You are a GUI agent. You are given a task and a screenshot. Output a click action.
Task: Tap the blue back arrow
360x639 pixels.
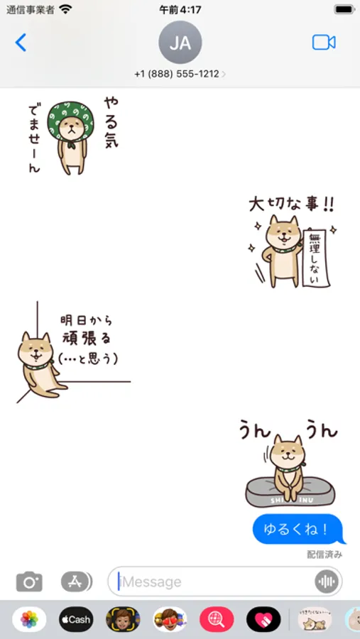click(21, 43)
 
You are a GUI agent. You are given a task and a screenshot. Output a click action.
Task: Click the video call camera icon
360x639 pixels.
click(324, 43)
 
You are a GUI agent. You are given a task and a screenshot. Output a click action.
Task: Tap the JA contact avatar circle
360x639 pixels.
click(180, 43)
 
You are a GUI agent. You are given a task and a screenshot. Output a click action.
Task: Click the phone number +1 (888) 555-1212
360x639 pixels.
click(177, 74)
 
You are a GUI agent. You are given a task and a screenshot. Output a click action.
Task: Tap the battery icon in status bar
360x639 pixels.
click(344, 9)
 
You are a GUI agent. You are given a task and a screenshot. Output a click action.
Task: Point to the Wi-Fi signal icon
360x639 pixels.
click(65, 9)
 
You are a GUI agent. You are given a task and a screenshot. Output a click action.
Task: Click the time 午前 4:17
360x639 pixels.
click(180, 9)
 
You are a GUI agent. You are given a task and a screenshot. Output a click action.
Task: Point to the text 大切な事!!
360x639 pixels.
click(292, 204)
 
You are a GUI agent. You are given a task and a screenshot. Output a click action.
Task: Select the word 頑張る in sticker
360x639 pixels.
click(87, 338)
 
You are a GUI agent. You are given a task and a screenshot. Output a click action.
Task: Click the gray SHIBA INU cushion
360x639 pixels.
click(290, 492)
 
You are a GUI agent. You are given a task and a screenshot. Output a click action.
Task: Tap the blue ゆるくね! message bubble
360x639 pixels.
click(299, 529)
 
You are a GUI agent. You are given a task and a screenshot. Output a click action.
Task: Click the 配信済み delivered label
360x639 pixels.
click(324, 555)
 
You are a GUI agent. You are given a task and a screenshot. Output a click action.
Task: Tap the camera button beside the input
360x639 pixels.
click(29, 581)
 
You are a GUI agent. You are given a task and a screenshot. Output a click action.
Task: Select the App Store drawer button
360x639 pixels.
click(76, 581)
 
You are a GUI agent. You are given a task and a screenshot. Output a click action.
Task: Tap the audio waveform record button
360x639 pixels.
click(326, 581)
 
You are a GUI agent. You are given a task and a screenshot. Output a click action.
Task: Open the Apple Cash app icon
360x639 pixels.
click(76, 619)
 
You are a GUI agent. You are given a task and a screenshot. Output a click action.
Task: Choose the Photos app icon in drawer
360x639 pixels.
click(29, 619)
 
